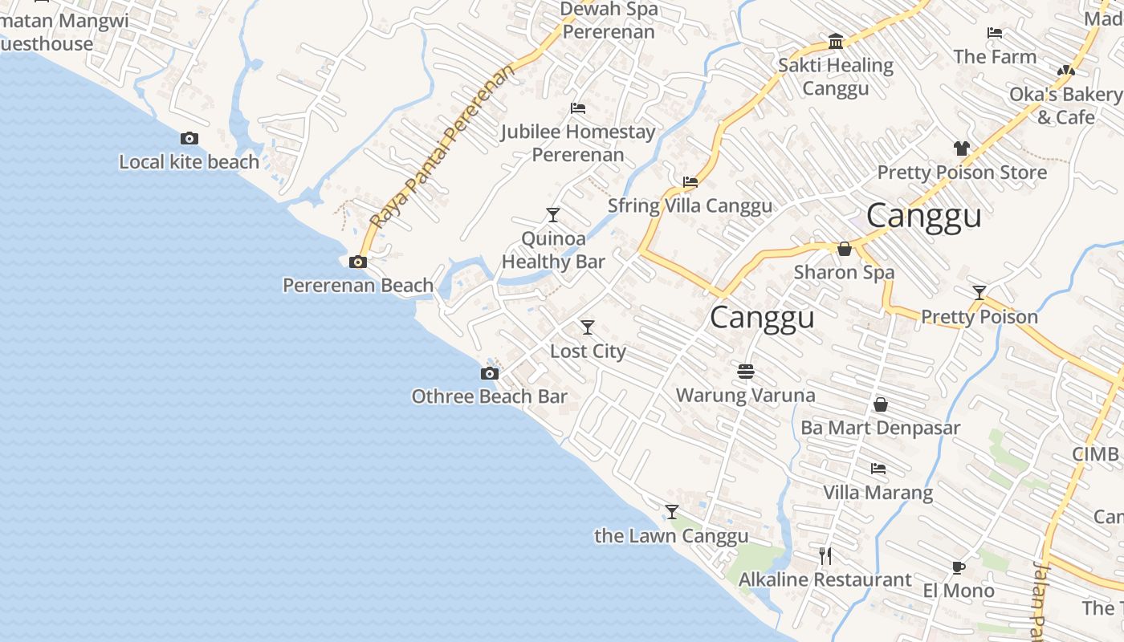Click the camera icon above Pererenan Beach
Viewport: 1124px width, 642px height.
coord(358,262)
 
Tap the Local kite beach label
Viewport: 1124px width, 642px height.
coord(189,162)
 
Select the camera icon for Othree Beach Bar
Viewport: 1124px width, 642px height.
coord(489,373)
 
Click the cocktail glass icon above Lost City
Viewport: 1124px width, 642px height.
coord(588,327)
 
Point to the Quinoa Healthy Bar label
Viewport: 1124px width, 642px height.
coord(553,250)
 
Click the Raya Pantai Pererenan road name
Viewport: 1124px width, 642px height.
coord(443,147)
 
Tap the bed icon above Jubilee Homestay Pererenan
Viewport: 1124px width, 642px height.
coord(577,108)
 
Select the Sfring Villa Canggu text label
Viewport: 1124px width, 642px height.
coord(690,205)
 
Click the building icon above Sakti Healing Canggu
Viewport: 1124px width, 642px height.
coord(836,42)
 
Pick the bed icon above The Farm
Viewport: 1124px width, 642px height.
coord(995,33)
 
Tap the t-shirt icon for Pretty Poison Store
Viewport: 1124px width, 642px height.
coord(962,148)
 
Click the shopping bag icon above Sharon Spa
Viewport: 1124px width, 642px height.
coord(845,249)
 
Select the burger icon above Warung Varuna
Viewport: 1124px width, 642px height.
coord(746,371)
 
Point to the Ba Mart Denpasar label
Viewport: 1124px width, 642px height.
coord(880,428)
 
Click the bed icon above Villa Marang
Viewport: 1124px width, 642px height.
coord(878,469)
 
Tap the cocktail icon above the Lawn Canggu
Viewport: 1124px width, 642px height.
coord(671,512)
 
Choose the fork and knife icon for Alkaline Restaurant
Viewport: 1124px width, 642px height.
coord(825,555)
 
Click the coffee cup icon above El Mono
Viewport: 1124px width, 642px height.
coord(958,567)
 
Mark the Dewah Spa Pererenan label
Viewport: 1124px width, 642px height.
coord(609,21)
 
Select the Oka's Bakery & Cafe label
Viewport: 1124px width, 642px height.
coord(1065,106)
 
